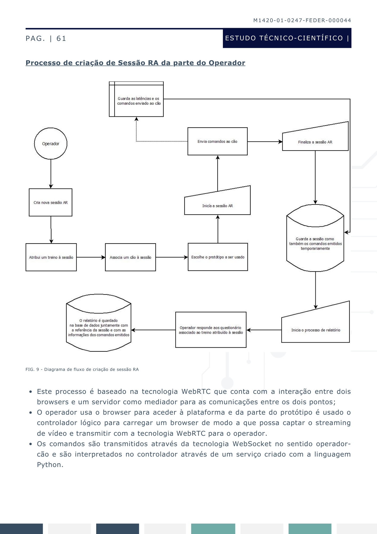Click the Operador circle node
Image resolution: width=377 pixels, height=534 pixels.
pyautogui.click(x=51, y=144)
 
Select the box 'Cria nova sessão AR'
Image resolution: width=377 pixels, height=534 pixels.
pyautogui.click(x=51, y=202)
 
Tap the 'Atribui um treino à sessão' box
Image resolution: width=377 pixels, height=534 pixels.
pyautogui.click(x=51, y=257)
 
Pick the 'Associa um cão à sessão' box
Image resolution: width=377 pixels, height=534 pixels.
pyautogui.click(x=130, y=257)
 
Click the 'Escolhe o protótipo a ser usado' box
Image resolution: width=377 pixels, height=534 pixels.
pyautogui.click(x=218, y=257)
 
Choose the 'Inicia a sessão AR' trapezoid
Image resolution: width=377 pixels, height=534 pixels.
pyautogui.click(x=218, y=203)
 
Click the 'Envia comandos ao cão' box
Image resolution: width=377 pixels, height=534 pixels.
pyautogui.click(x=218, y=141)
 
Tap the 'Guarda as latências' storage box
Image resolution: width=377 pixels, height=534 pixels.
pyautogui.click(x=136, y=99)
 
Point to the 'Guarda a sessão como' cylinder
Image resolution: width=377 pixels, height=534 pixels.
pyautogui.click(x=315, y=238)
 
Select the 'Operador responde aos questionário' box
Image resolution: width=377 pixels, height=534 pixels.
pyautogui.click(x=211, y=330)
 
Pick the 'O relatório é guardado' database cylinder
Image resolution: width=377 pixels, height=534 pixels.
pyautogui.click(x=99, y=323)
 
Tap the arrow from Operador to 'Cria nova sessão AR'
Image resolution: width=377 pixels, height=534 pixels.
pyautogui.click(x=51, y=174)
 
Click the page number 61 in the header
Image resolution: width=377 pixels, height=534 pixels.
pyautogui.click(x=61, y=38)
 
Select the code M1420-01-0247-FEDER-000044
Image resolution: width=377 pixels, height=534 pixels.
pyautogui.click(x=302, y=20)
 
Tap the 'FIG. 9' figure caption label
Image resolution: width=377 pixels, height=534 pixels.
pyautogui.click(x=32, y=370)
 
